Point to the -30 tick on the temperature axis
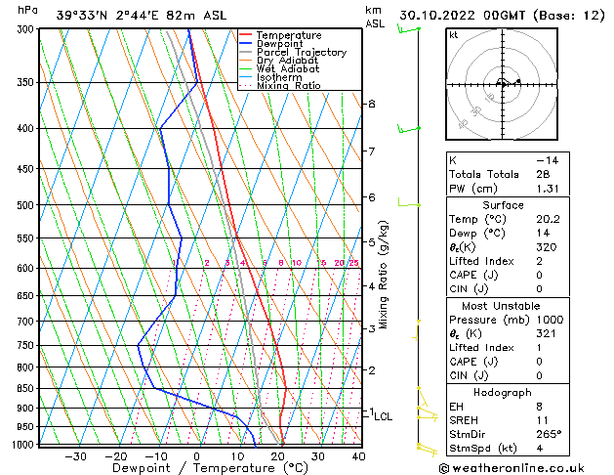tap(75, 455)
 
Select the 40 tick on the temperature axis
tap(359, 455)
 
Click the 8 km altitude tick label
tap(371, 104)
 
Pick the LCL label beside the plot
tap(384, 416)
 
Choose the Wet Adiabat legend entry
tap(286, 69)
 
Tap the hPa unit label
tap(27, 10)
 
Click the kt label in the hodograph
tap(453, 35)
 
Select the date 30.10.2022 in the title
tap(435, 15)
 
